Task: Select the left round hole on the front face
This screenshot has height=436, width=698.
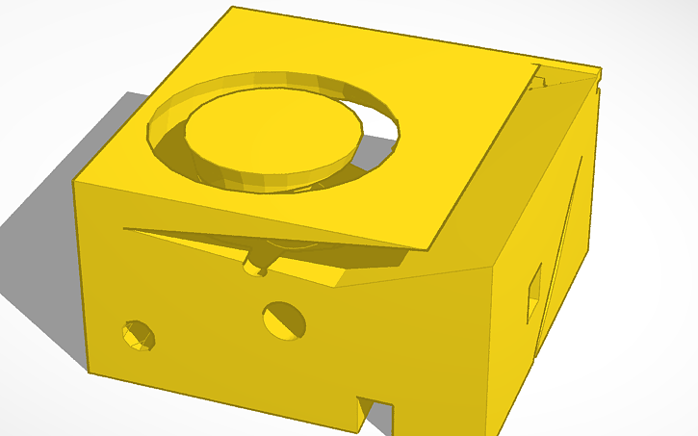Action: point(139,335)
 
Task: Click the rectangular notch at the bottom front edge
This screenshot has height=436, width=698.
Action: point(375,412)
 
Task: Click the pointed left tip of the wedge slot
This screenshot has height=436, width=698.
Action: point(128,229)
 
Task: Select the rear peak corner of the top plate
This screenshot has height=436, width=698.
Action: point(233,8)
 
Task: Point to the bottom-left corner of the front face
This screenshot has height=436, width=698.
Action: point(89,372)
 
